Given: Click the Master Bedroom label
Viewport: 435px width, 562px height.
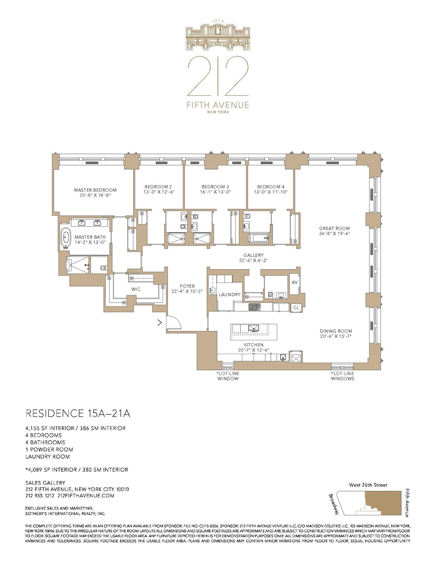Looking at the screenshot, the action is pyautogui.click(x=95, y=190).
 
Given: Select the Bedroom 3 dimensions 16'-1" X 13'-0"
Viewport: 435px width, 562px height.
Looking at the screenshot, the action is pyautogui.click(x=215, y=192).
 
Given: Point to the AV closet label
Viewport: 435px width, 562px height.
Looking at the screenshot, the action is pyautogui.click(x=294, y=282).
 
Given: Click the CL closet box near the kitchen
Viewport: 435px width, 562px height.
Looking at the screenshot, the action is pyautogui.click(x=296, y=308).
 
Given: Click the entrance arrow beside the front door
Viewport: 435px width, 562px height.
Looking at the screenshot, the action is pyautogui.click(x=159, y=323).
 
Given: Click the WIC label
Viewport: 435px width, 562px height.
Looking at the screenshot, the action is pyautogui.click(x=136, y=289).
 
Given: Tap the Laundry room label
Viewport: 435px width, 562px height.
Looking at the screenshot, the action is pyautogui.click(x=230, y=294).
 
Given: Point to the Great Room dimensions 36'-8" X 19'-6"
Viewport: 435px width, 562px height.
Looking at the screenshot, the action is pyautogui.click(x=334, y=233).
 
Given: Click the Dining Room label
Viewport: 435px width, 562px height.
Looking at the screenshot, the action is pyautogui.click(x=336, y=331).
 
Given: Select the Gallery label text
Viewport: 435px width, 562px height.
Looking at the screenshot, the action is pyautogui.click(x=254, y=255).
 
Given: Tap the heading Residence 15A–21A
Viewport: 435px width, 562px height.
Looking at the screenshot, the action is pyautogui.click(x=78, y=414).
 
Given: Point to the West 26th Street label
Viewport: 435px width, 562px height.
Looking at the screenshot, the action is pyautogui.click(x=368, y=485).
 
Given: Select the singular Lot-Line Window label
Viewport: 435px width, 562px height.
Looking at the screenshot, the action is pyautogui.click(x=228, y=376).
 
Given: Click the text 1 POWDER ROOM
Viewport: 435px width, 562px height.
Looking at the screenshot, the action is pyautogui.click(x=49, y=449).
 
